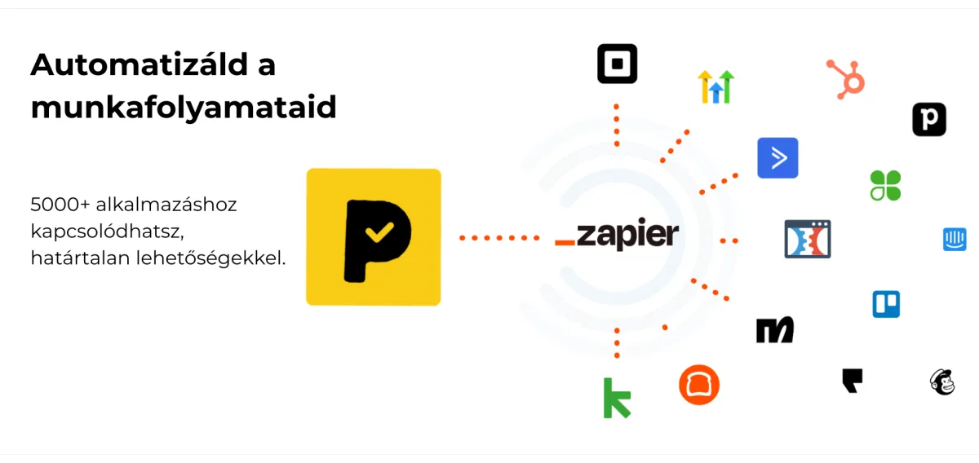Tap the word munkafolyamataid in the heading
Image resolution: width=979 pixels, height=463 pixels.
pyautogui.click(x=184, y=108)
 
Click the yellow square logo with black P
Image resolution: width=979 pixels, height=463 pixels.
pyautogui.click(x=373, y=237)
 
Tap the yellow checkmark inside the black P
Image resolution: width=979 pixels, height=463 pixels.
pyautogui.click(x=377, y=233)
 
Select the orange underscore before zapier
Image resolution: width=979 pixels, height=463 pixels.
pyautogui.click(x=564, y=243)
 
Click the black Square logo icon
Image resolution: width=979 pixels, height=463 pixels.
pyautogui.click(x=617, y=64)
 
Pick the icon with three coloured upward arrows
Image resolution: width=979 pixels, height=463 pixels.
pyautogui.click(x=715, y=86)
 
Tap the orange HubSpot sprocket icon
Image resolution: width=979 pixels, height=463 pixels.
pyautogui.click(x=846, y=79)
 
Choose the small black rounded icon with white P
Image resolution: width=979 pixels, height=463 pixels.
pyautogui.click(x=928, y=120)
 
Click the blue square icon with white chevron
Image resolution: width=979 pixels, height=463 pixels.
pyautogui.click(x=777, y=158)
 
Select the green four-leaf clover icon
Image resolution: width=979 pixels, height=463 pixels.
pyautogui.click(x=885, y=185)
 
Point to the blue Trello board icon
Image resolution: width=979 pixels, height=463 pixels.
pyautogui.click(x=886, y=304)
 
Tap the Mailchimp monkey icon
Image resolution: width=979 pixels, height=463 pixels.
pyautogui.click(x=941, y=381)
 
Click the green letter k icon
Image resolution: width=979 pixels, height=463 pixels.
pyautogui.click(x=617, y=398)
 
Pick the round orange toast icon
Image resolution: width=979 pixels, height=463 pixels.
pyautogui.click(x=699, y=384)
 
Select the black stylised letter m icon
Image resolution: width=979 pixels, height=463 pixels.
pyautogui.click(x=774, y=329)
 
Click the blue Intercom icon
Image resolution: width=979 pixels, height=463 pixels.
pyautogui.click(x=955, y=239)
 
